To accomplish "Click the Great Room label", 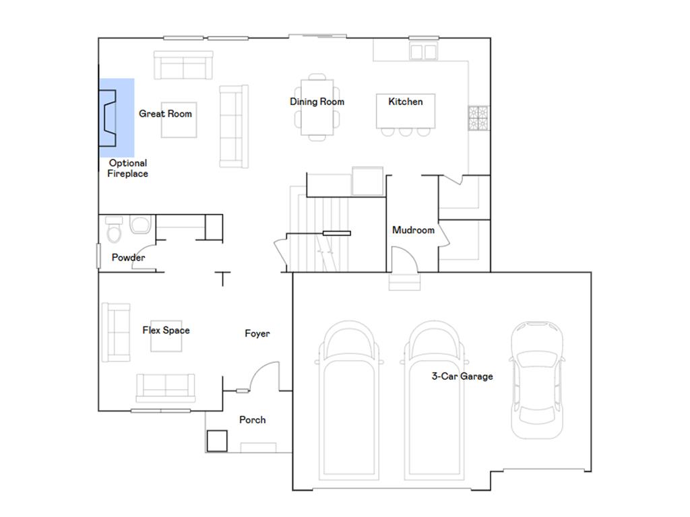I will [x=165, y=114].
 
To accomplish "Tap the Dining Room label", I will [x=317, y=102].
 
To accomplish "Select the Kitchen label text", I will [x=406, y=102].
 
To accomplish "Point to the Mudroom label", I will [x=413, y=230].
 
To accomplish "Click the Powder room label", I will [x=128, y=258].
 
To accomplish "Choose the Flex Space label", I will [x=166, y=331].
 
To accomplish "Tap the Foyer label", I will [x=257, y=334].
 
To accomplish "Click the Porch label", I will [x=253, y=420].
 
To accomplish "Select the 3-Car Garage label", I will [x=462, y=376].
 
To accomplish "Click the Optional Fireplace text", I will [x=127, y=168].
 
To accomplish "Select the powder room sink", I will [x=140, y=225].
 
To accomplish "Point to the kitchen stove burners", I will [x=478, y=118].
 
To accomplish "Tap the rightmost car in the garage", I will [x=536, y=380].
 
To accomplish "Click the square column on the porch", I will [x=217, y=441].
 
